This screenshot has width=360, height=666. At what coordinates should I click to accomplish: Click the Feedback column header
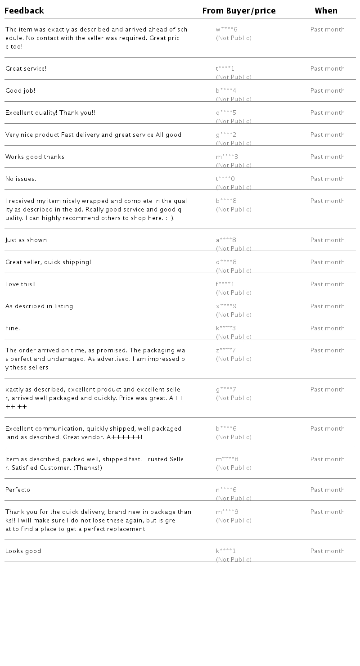point(24,11)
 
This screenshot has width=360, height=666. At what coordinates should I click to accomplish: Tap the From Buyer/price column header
point(239,11)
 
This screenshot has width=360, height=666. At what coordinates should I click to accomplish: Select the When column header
point(326,11)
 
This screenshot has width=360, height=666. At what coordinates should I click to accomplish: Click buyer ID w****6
point(226,30)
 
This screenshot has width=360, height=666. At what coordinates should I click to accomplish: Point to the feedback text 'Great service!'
point(26,69)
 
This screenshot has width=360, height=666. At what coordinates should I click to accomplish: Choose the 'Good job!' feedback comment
point(20,91)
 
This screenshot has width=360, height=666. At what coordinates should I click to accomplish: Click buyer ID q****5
point(226,113)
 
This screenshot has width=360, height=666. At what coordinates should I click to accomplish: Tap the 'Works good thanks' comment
point(35,157)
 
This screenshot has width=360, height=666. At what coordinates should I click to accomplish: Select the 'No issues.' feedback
point(21,179)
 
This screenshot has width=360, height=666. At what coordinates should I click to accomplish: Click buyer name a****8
point(226,240)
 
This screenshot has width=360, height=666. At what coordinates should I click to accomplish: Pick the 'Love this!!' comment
point(21,284)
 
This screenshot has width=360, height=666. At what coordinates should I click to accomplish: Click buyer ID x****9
point(226,306)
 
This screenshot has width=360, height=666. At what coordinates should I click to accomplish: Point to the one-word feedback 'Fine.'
point(13,328)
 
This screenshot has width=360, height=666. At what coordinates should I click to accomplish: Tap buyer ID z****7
point(226,351)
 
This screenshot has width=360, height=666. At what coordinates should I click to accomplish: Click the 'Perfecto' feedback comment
point(18,490)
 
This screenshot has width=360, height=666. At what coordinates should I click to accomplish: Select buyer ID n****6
point(226,490)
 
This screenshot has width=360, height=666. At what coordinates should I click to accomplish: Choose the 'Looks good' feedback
point(23,551)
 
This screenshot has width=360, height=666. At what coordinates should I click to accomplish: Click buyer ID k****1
point(226,551)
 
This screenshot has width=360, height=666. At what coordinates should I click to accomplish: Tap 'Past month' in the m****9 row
point(328,512)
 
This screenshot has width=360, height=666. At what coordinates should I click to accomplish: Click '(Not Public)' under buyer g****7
point(234,398)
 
